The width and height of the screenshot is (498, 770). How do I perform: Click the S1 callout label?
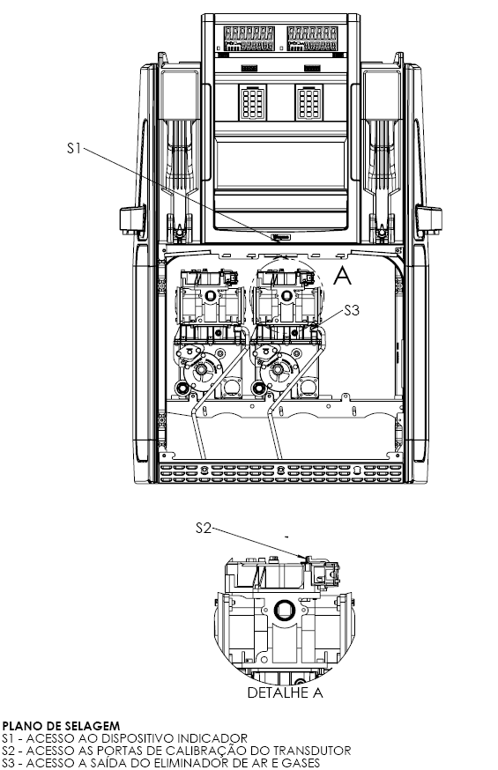coord(74,147)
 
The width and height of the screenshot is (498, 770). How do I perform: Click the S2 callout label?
coord(204,528)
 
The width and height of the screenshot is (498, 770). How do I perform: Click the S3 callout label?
coord(351,310)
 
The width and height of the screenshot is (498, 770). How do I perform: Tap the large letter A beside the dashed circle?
coord(342,276)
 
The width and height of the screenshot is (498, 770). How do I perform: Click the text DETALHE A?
coord(285,692)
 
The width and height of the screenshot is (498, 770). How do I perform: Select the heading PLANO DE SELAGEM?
coord(61,726)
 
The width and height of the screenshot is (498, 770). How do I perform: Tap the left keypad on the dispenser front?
coord(252,102)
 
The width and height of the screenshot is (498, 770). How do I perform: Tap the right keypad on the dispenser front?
coord(308,102)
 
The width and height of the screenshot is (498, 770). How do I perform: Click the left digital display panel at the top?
coord(249,39)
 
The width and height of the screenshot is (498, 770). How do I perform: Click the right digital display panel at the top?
coord(312,39)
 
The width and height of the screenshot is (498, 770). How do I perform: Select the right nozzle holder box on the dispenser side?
coord(428,219)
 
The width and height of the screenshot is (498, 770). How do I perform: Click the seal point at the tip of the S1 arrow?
coord(280,238)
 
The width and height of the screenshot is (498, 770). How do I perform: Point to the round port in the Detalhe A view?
coord(284,611)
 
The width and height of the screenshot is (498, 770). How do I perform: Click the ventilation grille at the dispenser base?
coord(280,472)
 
